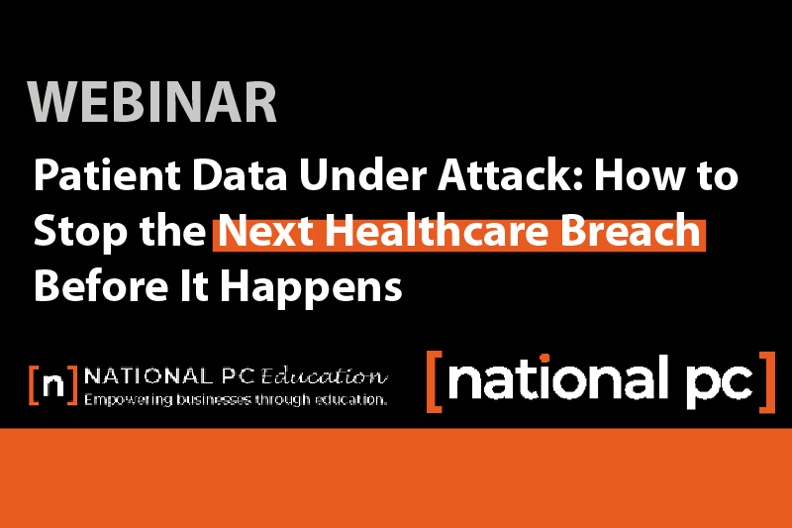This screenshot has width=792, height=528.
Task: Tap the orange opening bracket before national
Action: point(433,379)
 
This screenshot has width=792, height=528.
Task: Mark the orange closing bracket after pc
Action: point(767,379)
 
